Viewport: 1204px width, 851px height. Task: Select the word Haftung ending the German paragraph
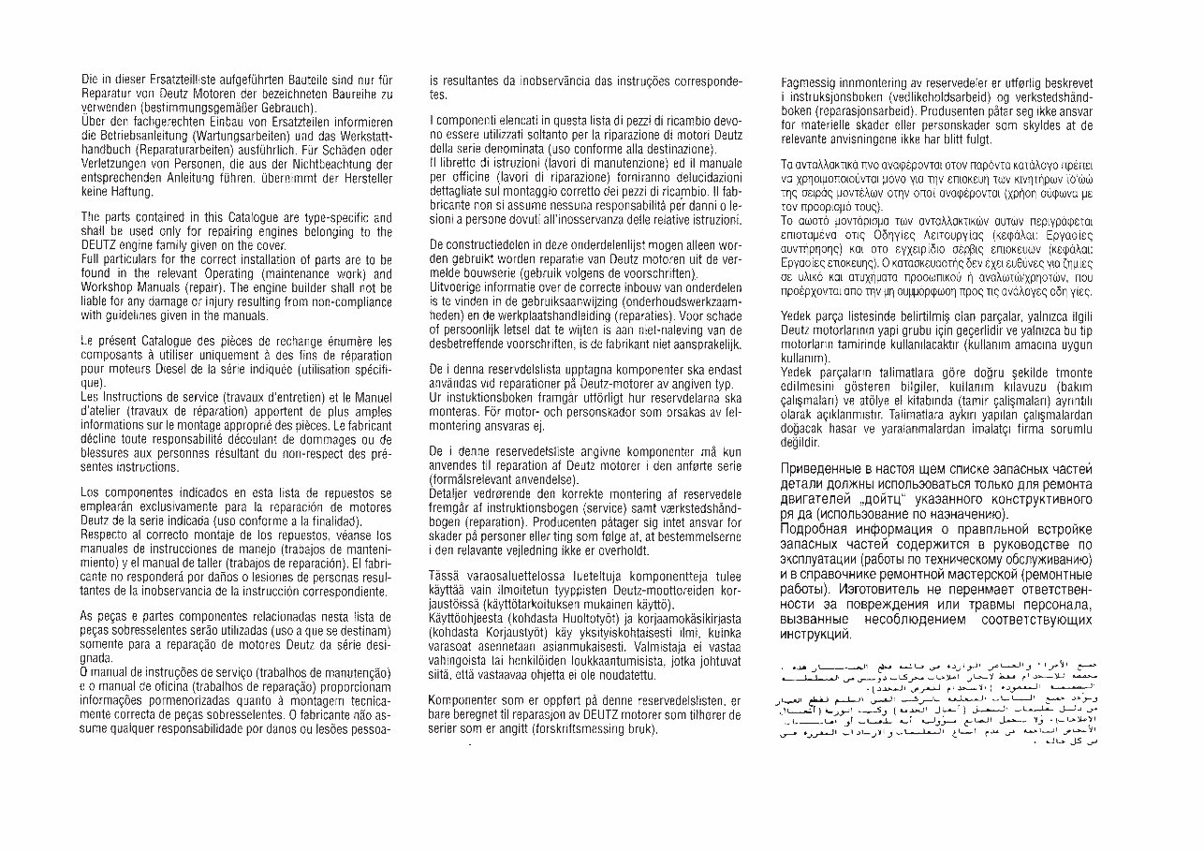tap(131, 193)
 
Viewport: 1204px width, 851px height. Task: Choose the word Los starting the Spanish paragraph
tap(92, 492)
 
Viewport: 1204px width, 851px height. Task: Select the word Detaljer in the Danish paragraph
tap(451, 493)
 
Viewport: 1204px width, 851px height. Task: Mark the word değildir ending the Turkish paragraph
tap(802, 440)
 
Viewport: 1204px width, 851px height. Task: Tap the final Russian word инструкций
tap(815, 636)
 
